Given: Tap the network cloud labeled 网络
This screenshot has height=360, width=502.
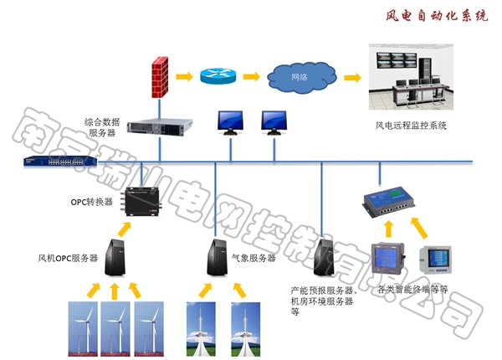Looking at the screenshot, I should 300,78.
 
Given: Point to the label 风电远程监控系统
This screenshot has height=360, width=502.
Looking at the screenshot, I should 411,126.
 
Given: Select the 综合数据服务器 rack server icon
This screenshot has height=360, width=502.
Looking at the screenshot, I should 160,125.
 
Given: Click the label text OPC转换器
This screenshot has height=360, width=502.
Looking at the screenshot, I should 91,202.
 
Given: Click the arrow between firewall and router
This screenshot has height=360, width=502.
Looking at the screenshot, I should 186,78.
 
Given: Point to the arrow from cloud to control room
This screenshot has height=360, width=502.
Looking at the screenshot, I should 352,78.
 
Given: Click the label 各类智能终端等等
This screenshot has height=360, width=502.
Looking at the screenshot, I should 413,291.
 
